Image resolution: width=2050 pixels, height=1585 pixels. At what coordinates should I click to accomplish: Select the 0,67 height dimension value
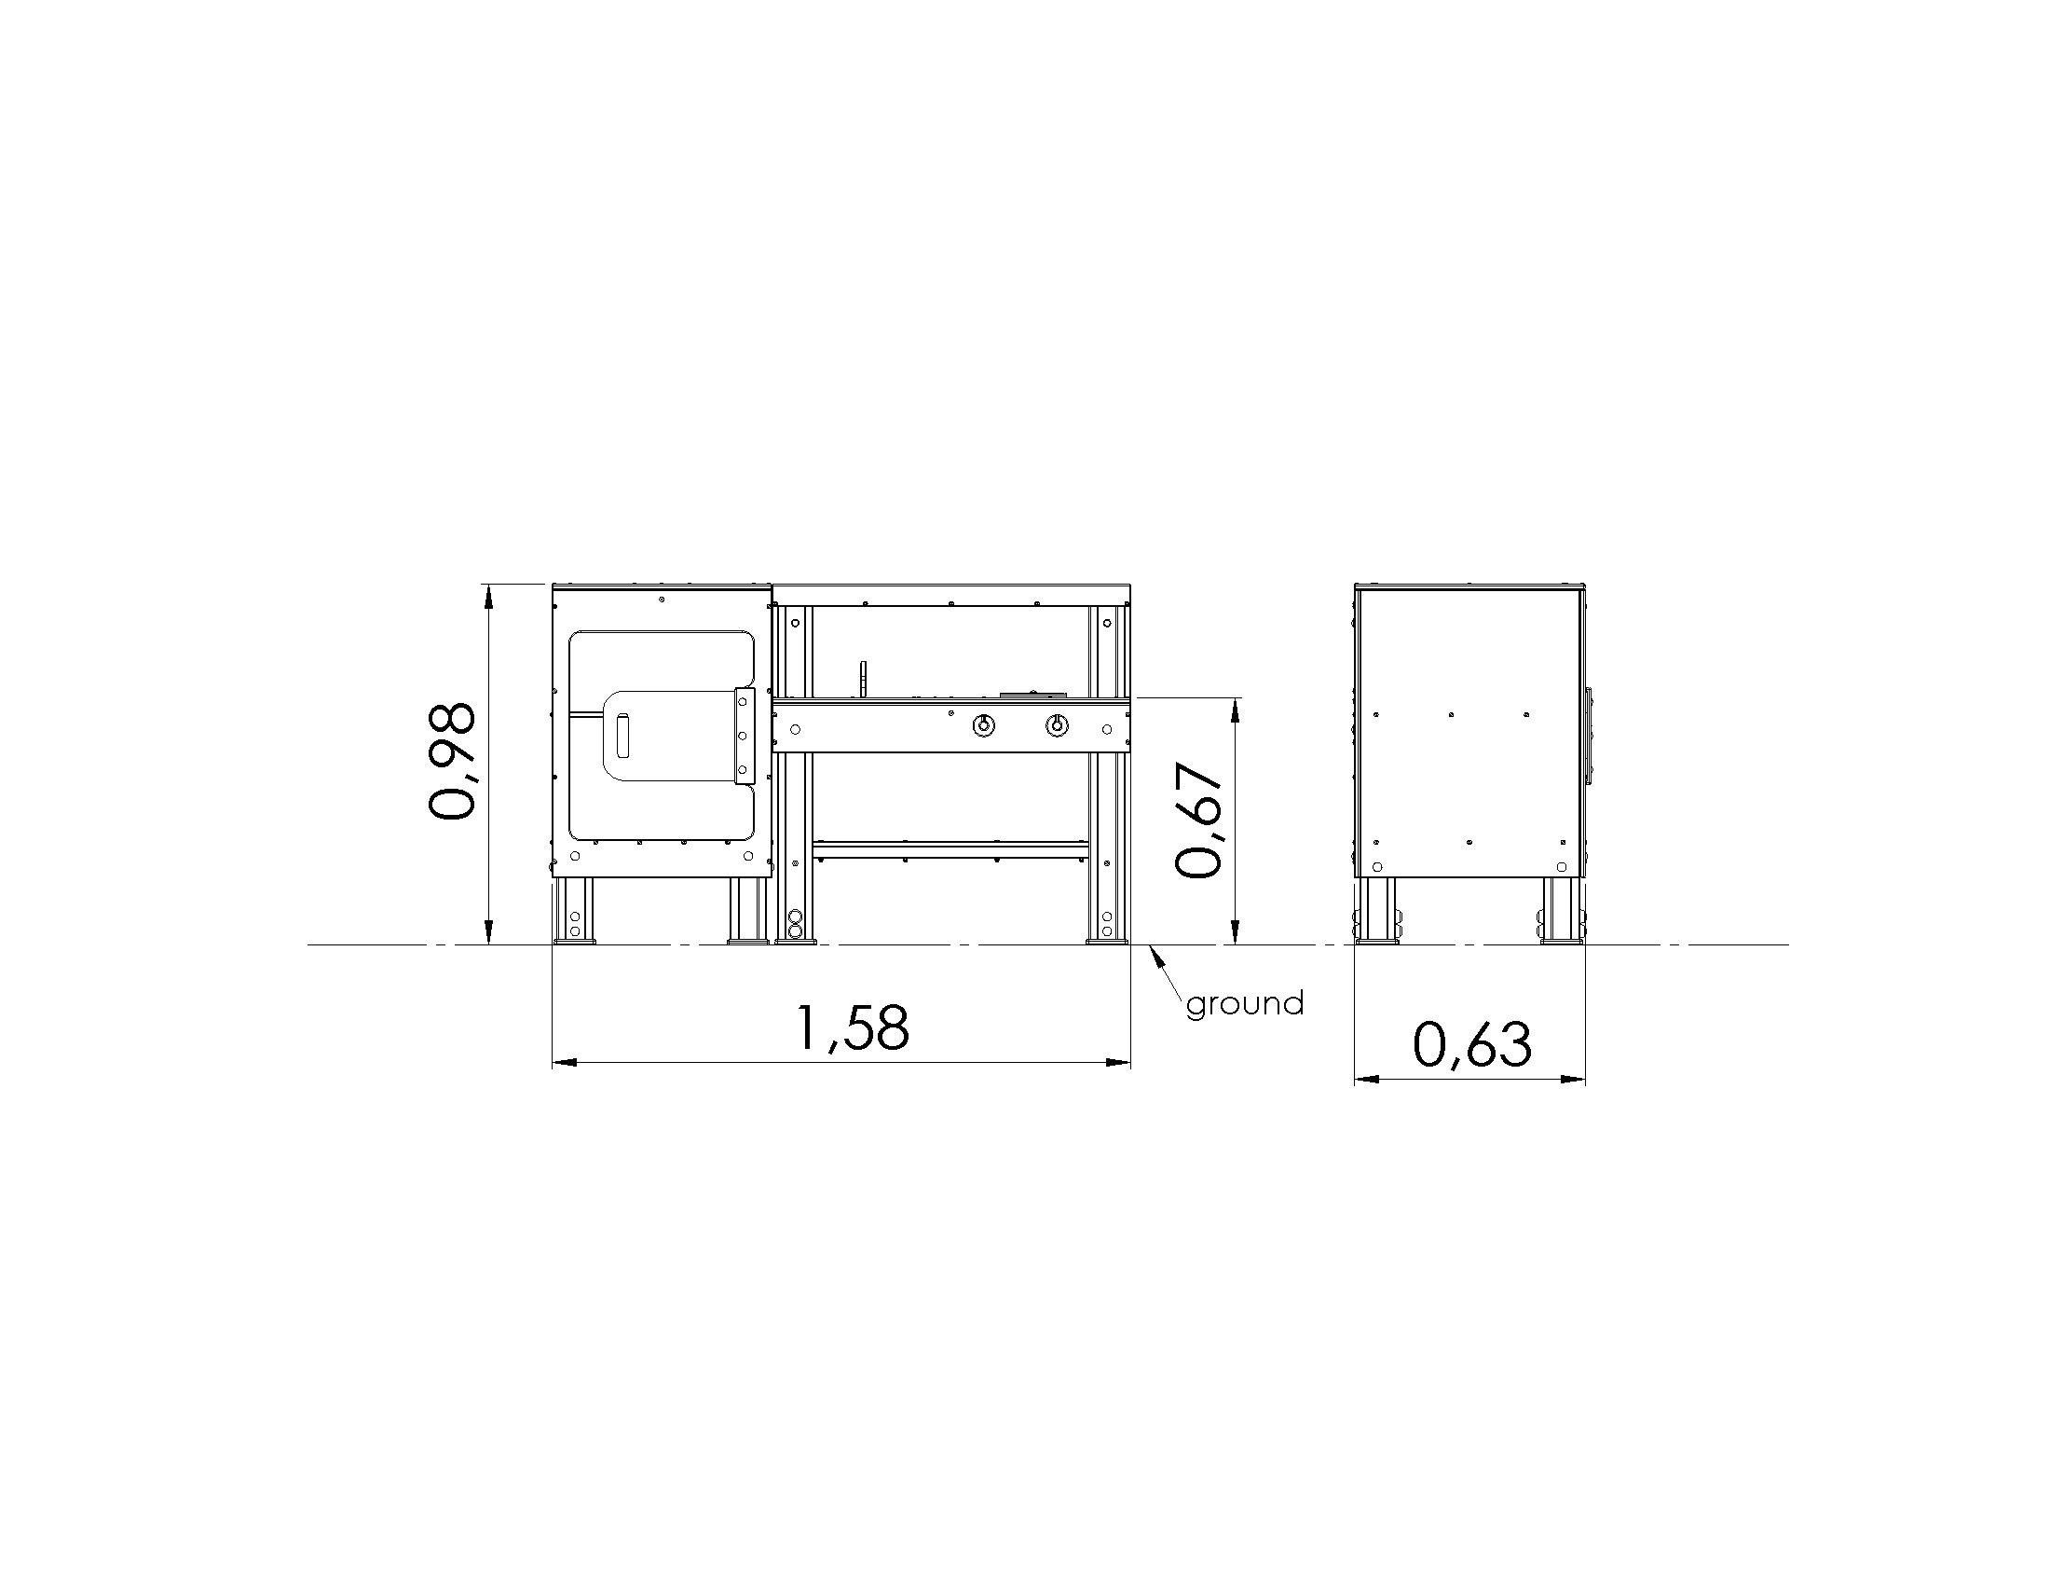[1199, 820]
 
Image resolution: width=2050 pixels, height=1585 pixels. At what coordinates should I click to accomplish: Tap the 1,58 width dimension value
[853, 1027]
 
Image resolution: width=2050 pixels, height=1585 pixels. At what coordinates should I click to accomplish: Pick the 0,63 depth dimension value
[1471, 1045]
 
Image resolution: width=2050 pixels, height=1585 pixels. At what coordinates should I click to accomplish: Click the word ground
[1245, 1005]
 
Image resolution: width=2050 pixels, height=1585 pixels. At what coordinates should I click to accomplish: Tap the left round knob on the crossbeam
[983, 725]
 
